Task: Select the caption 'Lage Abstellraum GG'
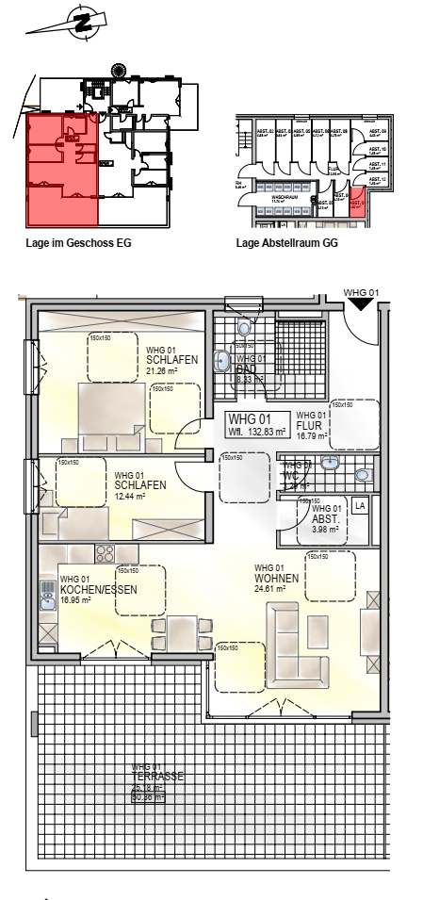click(x=286, y=242)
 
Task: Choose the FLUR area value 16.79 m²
click(x=311, y=435)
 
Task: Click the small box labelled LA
click(x=358, y=506)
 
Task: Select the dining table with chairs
click(x=178, y=632)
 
